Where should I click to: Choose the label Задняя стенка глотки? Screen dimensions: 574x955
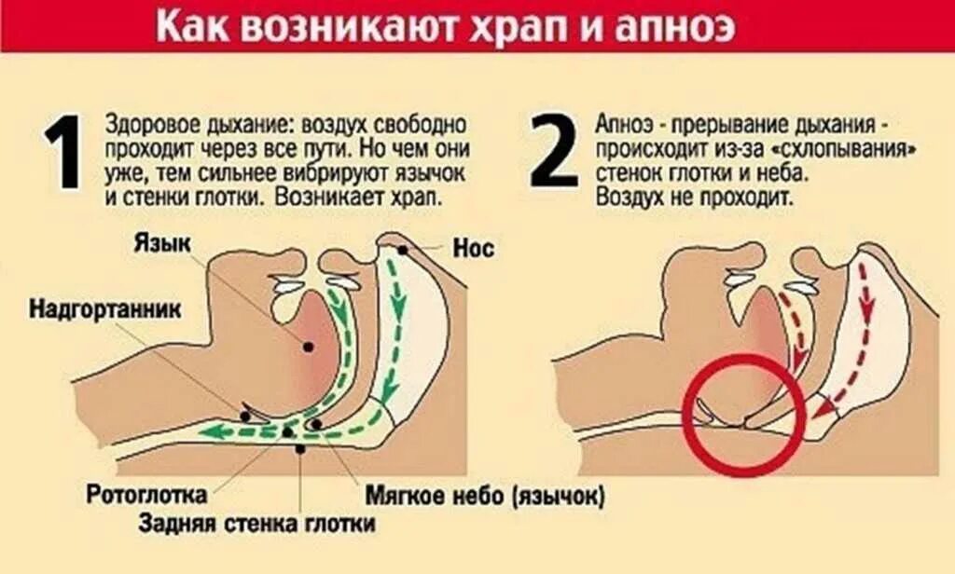(x=257, y=524)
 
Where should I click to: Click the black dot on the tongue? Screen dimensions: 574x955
(x=307, y=347)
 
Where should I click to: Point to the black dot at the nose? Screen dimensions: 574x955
(x=402, y=250)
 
